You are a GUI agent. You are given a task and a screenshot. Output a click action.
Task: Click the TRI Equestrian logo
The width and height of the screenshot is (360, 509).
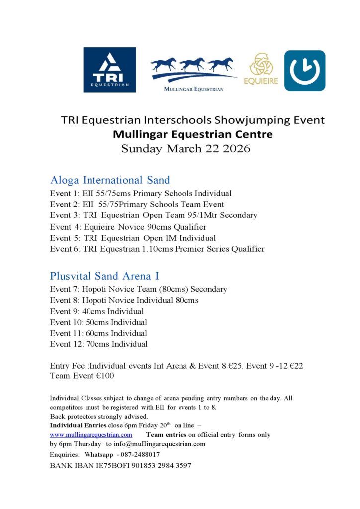click(109, 70)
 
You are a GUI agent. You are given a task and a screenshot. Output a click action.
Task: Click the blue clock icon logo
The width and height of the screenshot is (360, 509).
click(304, 71)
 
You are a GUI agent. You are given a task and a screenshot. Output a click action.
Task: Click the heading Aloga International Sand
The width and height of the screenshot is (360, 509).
click(110, 180)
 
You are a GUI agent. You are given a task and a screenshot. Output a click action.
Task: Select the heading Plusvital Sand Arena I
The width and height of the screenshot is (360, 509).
click(104, 276)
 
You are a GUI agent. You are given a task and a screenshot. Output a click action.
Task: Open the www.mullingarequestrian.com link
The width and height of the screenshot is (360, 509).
click(91, 435)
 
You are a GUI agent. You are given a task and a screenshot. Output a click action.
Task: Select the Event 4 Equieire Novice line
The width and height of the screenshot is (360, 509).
click(128, 227)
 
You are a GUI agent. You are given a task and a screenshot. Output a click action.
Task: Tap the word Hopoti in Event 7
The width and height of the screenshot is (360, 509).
click(94, 289)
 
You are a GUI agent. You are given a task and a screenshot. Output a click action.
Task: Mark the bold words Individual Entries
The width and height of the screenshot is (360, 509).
click(79, 425)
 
